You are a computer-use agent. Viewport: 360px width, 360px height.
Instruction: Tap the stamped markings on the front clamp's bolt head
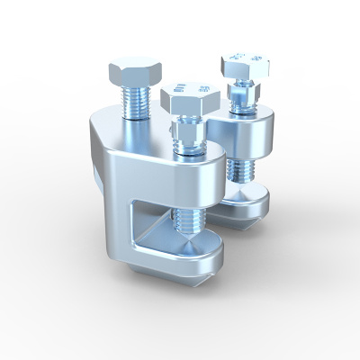tap(189, 89)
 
